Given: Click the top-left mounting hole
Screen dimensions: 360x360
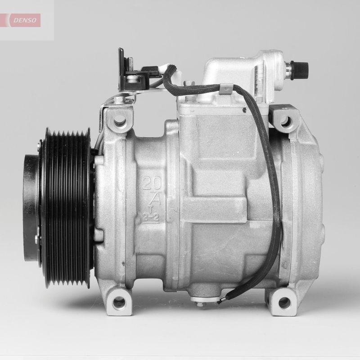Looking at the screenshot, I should [120, 121].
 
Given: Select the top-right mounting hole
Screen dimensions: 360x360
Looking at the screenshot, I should [284, 121].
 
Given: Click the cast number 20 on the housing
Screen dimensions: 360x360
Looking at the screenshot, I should [153, 183].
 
